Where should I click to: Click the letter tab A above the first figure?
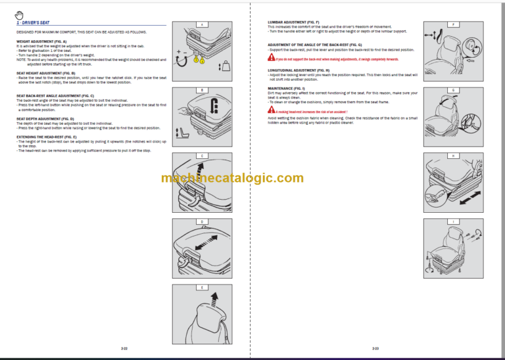(201, 24)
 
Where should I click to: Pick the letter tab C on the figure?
(201, 156)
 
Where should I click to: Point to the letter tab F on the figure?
(453, 24)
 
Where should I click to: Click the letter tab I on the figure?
(453, 221)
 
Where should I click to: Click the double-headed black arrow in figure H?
(468, 197)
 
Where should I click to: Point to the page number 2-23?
(375, 348)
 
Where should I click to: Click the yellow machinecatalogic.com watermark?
(232, 178)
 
